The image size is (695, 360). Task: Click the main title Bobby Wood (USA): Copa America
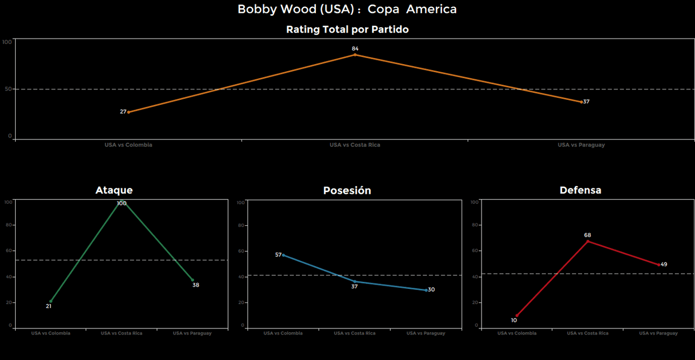[x=347, y=9]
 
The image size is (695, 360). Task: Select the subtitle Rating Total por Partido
[x=347, y=30]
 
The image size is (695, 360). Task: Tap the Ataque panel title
[x=114, y=190]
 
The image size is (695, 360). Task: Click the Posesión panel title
[x=347, y=191]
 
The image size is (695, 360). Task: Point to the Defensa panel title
[x=580, y=190]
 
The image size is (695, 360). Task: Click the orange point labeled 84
[x=355, y=54]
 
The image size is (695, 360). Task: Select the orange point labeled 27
[x=129, y=112]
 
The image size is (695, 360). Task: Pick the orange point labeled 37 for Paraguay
[x=581, y=102]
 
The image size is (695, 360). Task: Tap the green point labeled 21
[x=50, y=301]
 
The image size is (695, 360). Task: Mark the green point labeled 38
[x=193, y=280]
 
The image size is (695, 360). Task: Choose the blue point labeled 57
[x=283, y=255]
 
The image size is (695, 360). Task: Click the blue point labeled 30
[x=426, y=290]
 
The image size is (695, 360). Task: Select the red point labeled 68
[x=587, y=241]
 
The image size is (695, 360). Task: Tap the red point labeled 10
[x=516, y=315]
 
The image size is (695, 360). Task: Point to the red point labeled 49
[x=659, y=265]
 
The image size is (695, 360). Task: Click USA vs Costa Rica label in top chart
[x=355, y=145]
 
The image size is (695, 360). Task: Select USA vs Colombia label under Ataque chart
[x=50, y=333]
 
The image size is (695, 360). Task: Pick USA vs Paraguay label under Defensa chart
[x=658, y=333]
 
